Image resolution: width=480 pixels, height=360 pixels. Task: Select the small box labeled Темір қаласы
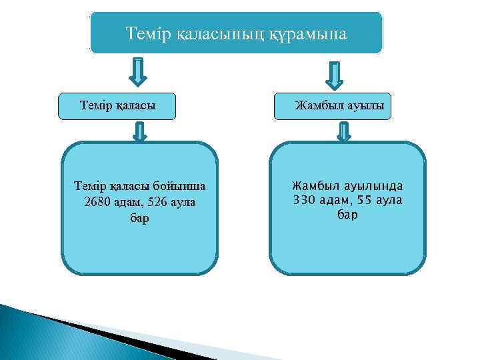117,106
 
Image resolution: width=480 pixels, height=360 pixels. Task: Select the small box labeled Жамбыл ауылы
333,106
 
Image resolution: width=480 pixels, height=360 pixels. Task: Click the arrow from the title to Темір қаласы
137,73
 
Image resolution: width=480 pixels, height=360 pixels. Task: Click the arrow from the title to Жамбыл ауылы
333,75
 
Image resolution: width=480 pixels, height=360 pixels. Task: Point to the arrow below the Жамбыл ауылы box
343,131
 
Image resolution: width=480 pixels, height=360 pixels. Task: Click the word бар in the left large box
139,219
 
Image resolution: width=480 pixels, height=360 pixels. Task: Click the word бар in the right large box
347,215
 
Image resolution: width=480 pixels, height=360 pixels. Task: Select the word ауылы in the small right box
367,106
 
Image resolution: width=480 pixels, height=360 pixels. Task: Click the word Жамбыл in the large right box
313,185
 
